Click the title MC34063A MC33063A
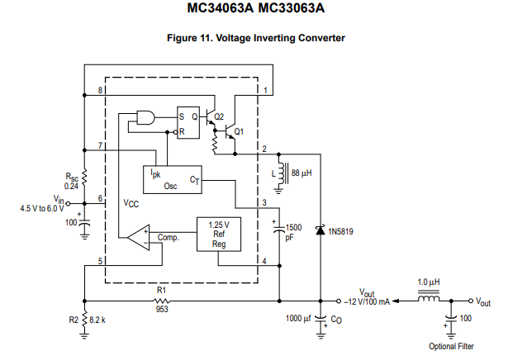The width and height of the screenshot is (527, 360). tap(263, 9)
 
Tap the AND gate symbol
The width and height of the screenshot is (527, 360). tap(147, 118)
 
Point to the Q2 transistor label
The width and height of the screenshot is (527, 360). tap(219, 116)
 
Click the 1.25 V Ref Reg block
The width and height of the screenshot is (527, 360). tap(219, 234)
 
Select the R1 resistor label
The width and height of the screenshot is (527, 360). tap(162, 291)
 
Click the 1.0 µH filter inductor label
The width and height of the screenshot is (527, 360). tap(428, 282)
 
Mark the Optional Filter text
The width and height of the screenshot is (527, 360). tap(450, 347)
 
